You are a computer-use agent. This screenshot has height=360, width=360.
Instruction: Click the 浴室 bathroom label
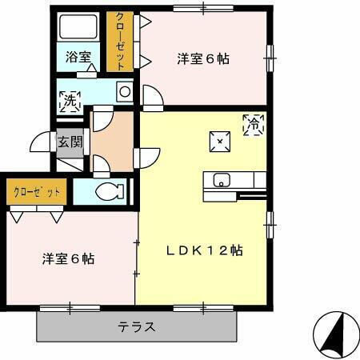pyautogui.click(x=78, y=58)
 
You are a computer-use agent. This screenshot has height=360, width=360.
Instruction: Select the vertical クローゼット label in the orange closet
pyautogui.click(x=119, y=42)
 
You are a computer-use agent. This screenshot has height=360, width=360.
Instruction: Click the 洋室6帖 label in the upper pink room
pyautogui.click(x=203, y=58)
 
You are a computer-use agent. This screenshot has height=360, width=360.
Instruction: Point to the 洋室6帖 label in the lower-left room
pyautogui.click(x=68, y=258)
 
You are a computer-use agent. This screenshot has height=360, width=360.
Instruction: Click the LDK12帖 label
pyautogui.click(x=204, y=250)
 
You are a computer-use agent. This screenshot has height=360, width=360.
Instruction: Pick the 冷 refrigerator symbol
pyautogui.click(x=254, y=125)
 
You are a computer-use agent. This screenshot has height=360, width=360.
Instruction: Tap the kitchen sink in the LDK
pyautogui.click(x=222, y=179)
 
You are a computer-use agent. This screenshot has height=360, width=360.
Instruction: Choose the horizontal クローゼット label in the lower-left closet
pyautogui.click(x=37, y=191)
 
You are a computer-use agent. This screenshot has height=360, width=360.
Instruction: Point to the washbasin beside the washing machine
pyautogui.click(x=124, y=92)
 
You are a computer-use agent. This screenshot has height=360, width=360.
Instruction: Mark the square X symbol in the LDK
pyautogui.click(x=219, y=142)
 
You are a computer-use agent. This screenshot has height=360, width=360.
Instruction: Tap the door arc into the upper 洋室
pyautogui.click(x=152, y=98)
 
